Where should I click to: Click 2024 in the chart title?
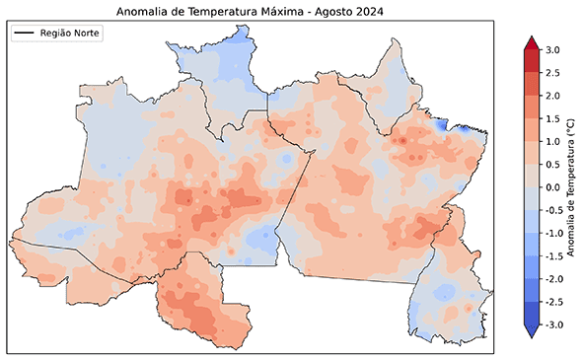pos(362,12)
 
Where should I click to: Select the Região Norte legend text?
pos(71,34)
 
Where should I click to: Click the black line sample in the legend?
pos(25,34)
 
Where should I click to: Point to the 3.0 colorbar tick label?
pos(553,49)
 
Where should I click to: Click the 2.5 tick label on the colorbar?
pos(553,72)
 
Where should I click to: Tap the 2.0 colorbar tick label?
pos(553,96)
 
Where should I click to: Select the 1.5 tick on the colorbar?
pos(553,118)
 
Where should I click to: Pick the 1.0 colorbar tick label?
pos(553,141)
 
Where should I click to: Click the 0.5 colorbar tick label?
pos(553,164)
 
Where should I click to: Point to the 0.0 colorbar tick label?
pos(553,187)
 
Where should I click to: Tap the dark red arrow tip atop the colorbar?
pos(529,42)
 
